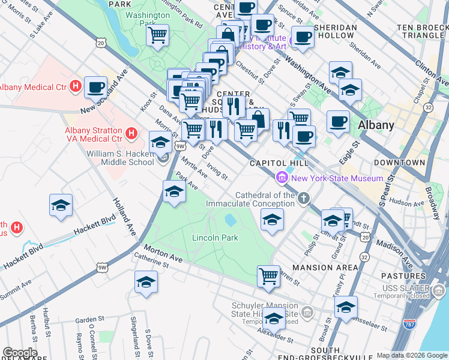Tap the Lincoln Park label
coord(215,238)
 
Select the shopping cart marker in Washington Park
coord(158,35)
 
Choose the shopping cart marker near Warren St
coord(268,276)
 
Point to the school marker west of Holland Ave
coord(61,205)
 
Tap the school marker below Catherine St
coord(146,282)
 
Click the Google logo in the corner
coord(19,353)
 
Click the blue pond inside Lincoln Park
coord(230,221)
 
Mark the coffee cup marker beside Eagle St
coord(338,121)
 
